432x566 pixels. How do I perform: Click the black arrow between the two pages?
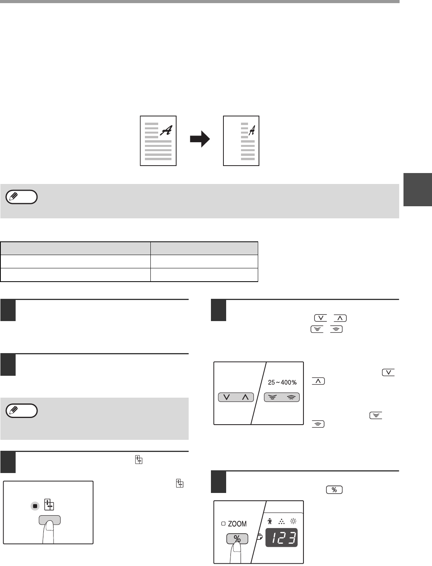pyautogui.click(x=200, y=139)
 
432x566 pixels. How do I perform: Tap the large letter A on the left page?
pyautogui.click(x=166, y=130)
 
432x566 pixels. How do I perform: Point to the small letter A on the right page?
pyautogui.click(x=252, y=130)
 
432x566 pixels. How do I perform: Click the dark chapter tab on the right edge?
pyautogui.click(x=418, y=189)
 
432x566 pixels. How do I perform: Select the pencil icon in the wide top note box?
pyautogui.click(x=13, y=197)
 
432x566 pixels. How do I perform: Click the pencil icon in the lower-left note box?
pyautogui.click(x=13, y=410)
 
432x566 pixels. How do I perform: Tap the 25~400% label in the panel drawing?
pyautogui.click(x=282, y=382)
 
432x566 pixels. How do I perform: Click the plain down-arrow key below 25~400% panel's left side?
pyautogui.click(x=227, y=397)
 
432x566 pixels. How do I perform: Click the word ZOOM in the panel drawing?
pyautogui.click(x=237, y=524)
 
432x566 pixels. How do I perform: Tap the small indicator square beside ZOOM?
pyautogui.click(x=223, y=523)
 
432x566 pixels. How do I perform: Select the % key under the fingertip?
pyautogui.click(x=237, y=539)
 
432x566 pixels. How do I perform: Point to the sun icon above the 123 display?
pyautogui.click(x=293, y=521)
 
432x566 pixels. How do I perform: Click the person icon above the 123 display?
pyautogui.click(x=270, y=521)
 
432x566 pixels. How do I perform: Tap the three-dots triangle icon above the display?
pyautogui.click(x=282, y=521)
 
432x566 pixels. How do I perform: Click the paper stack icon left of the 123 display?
pyautogui.click(x=260, y=537)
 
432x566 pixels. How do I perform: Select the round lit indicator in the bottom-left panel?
pyautogui.click(x=35, y=506)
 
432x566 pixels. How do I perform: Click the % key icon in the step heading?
pyautogui.click(x=334, y=490)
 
